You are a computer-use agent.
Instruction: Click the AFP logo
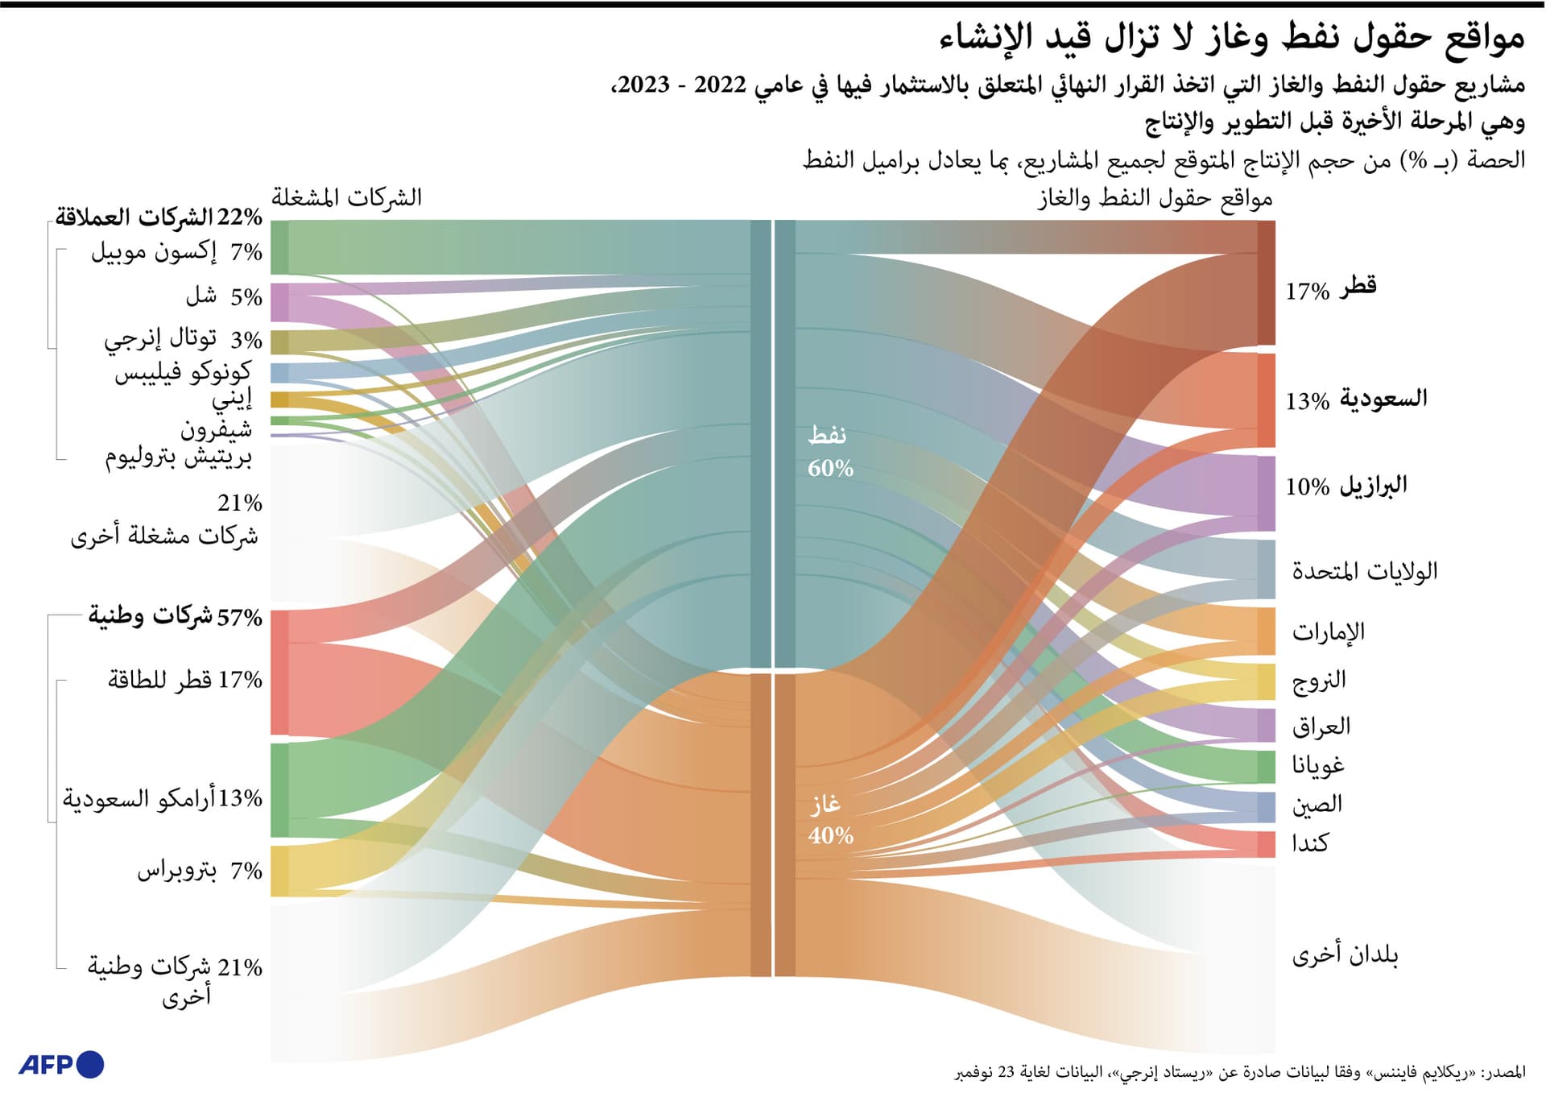(61, 1064)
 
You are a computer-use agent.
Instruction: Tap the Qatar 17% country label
(1330, 288)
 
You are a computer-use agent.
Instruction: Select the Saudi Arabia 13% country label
(1356, 400)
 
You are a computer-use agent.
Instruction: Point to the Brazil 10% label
(1346, 486)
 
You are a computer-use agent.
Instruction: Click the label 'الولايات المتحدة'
(1364, 571)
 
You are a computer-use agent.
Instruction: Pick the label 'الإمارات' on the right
(1328, 631)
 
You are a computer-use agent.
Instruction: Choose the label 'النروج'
(1319, 681)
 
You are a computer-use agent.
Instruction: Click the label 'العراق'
(1321, 727)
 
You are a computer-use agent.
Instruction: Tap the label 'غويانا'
(1318, 765)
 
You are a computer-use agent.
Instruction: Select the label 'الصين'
(1317, 804)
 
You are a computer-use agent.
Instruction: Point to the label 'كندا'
(1309, 843)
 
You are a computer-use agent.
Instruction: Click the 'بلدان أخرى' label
(1345, 955)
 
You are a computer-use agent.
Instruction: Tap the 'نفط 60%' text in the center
(829, 452)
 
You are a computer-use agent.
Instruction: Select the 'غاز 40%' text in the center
(829, 819)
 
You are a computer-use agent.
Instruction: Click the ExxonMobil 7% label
(176, 252)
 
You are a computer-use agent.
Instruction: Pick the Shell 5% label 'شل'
(224, 296)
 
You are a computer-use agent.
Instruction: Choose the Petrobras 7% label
(199, 871)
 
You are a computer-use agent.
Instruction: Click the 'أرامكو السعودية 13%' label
(163, 798)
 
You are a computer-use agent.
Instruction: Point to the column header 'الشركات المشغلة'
(346, 197)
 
